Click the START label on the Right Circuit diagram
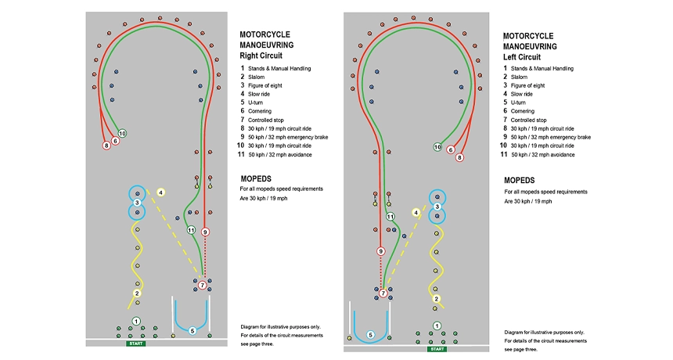tap(135, 344)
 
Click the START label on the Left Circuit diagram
tap(437, 348)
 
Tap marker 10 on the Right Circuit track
tap(122, 133)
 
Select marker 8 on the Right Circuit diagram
tap(106, 146)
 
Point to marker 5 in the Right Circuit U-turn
tap(192, 330)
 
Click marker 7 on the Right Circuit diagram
tap(203, 286)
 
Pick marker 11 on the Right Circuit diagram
tap(190, 230)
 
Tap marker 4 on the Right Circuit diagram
tap(160, 192)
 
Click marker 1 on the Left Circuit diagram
tap(437, 326)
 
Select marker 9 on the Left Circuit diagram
tap(381, 251)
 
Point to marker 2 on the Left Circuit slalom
tap(436, 298)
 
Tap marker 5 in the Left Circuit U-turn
tap(370, 335)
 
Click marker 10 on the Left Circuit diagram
tap(437, 147)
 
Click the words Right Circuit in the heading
tap(263, 57)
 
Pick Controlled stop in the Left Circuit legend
tap(533, 120)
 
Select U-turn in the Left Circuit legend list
tap(518, 103)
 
